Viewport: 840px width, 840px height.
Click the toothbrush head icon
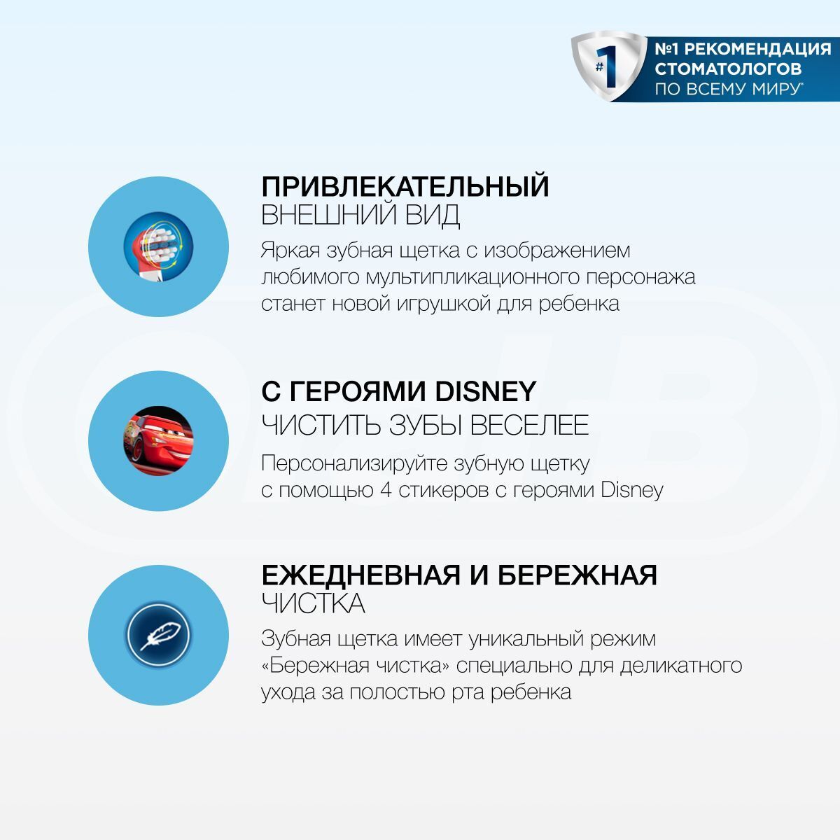click(x=158, y=246)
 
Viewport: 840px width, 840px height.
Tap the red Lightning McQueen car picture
click(x=158, y=441)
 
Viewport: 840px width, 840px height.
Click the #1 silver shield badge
click(x=610, y=66)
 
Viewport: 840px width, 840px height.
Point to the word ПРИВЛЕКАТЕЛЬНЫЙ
click(x=405, y=187)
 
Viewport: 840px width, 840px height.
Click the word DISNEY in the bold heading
click(x=486, y=391)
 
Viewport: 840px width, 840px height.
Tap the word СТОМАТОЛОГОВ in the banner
click(x=728, y=69)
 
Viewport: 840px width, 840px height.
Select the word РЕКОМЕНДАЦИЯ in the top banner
click(x=757, y=49)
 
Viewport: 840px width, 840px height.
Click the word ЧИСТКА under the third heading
click(x=313, y=603)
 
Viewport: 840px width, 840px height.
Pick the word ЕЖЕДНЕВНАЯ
click(x=361, y=575)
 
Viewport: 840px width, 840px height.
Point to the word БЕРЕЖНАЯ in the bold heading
click(x=577, y=575)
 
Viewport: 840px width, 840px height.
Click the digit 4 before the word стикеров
click(x=386, y=491)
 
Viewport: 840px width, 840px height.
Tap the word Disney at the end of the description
click(x=632, y=491)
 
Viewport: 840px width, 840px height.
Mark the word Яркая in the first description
click(x=290, y=251)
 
